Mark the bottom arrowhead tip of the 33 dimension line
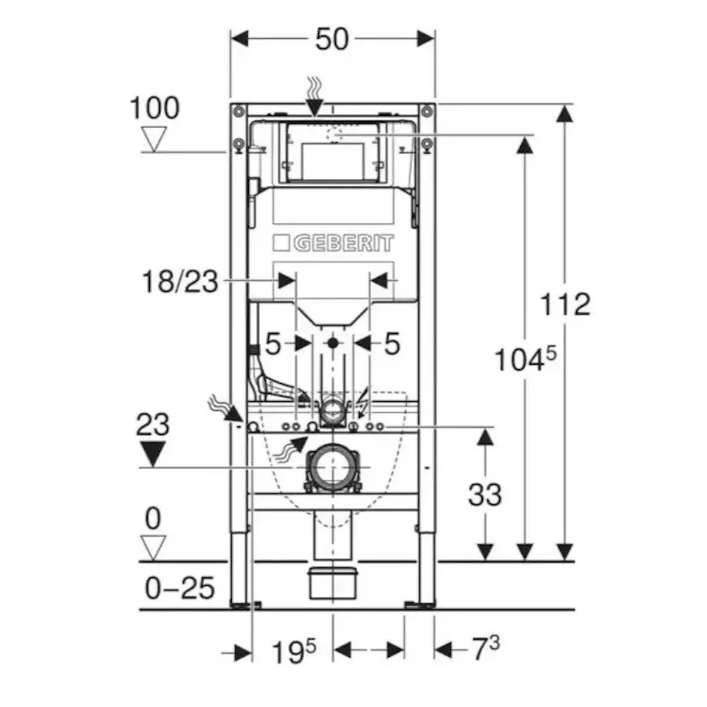click(x=485, y=561)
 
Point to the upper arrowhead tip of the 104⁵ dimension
click(x=525, y=136)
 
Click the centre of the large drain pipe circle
click(x=333, y=467)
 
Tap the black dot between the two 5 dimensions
click(x=333, y=343)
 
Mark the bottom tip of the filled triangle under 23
click(x=153, y=467)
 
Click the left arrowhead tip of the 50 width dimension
click(x=231, y=39)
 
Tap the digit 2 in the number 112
click(x=579, y=304)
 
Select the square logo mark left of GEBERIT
click(x=281, y=243)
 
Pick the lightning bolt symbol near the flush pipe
click(x=363, y=403)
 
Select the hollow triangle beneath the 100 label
click(x=154, y=139)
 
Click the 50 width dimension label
click(x=332, y=39)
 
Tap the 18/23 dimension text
click(x=180, y=281)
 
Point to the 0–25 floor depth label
click(x=180, y=588)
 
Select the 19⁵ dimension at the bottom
click(x=294, y=651)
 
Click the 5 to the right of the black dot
click(x=392, y=344)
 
